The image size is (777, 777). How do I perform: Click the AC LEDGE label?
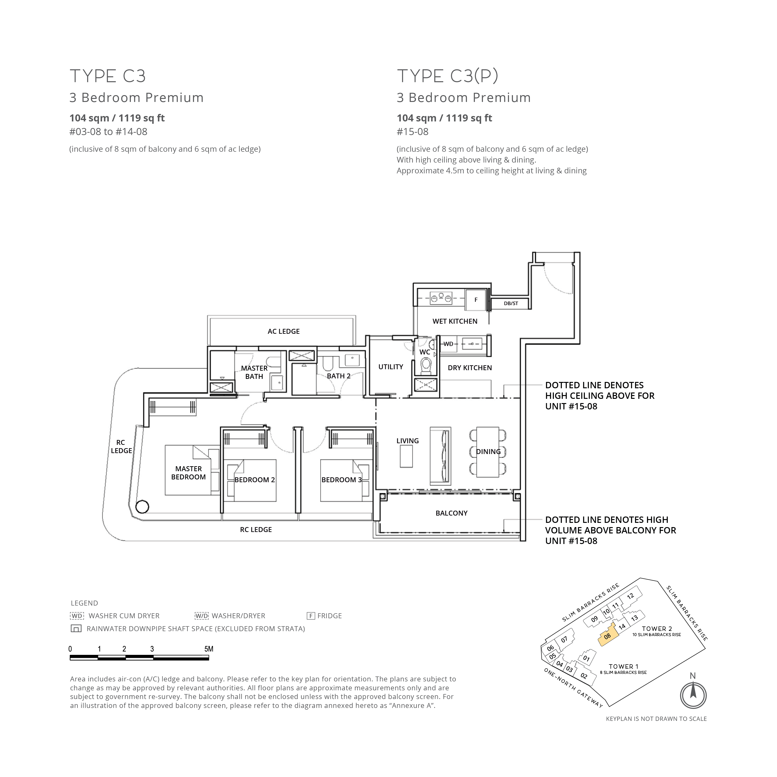tap(284, 331)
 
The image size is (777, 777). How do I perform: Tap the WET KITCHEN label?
tap(455, 321)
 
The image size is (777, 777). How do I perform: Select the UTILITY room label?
tap(391, 367)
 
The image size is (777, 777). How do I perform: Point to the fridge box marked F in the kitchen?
tap(476, 300)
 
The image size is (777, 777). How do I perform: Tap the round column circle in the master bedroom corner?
tap(142, 507)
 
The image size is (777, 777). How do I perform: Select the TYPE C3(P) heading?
tap(448, 76)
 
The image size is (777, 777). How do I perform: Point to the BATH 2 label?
tap(339, 376)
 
